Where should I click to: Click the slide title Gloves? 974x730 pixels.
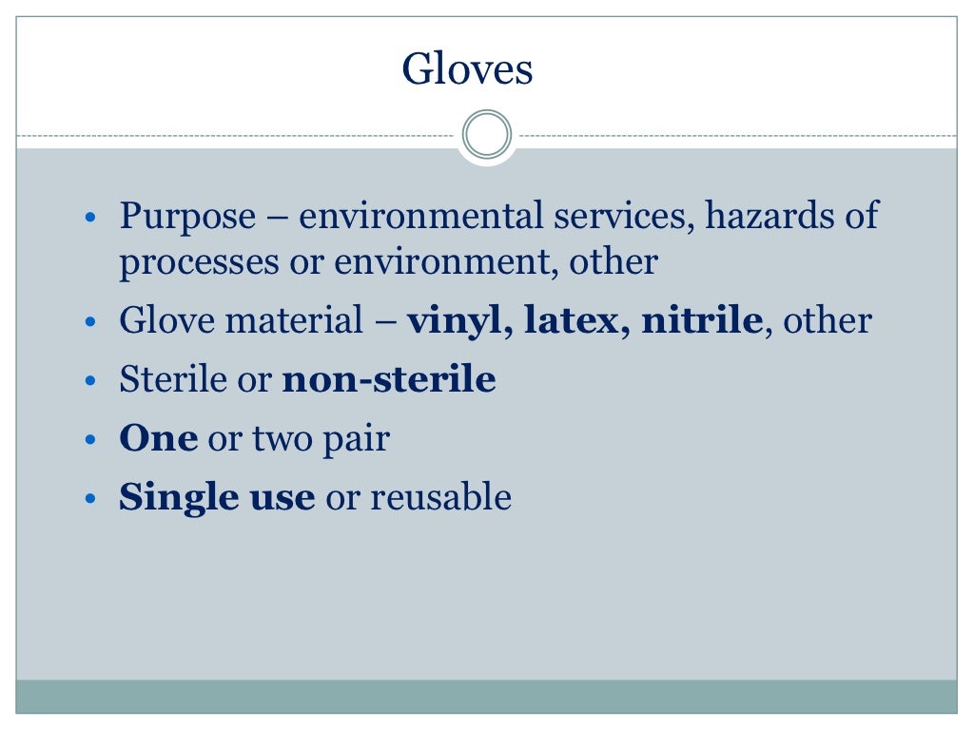(467, 70)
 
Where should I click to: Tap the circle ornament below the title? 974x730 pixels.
(487, 135)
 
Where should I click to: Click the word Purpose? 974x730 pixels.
(187, 217)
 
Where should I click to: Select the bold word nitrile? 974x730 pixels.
(702, 320)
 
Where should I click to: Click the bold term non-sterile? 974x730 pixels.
(390, 380)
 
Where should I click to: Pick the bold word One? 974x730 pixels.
(158, 438)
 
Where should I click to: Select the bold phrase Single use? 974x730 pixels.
(217, 497)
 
